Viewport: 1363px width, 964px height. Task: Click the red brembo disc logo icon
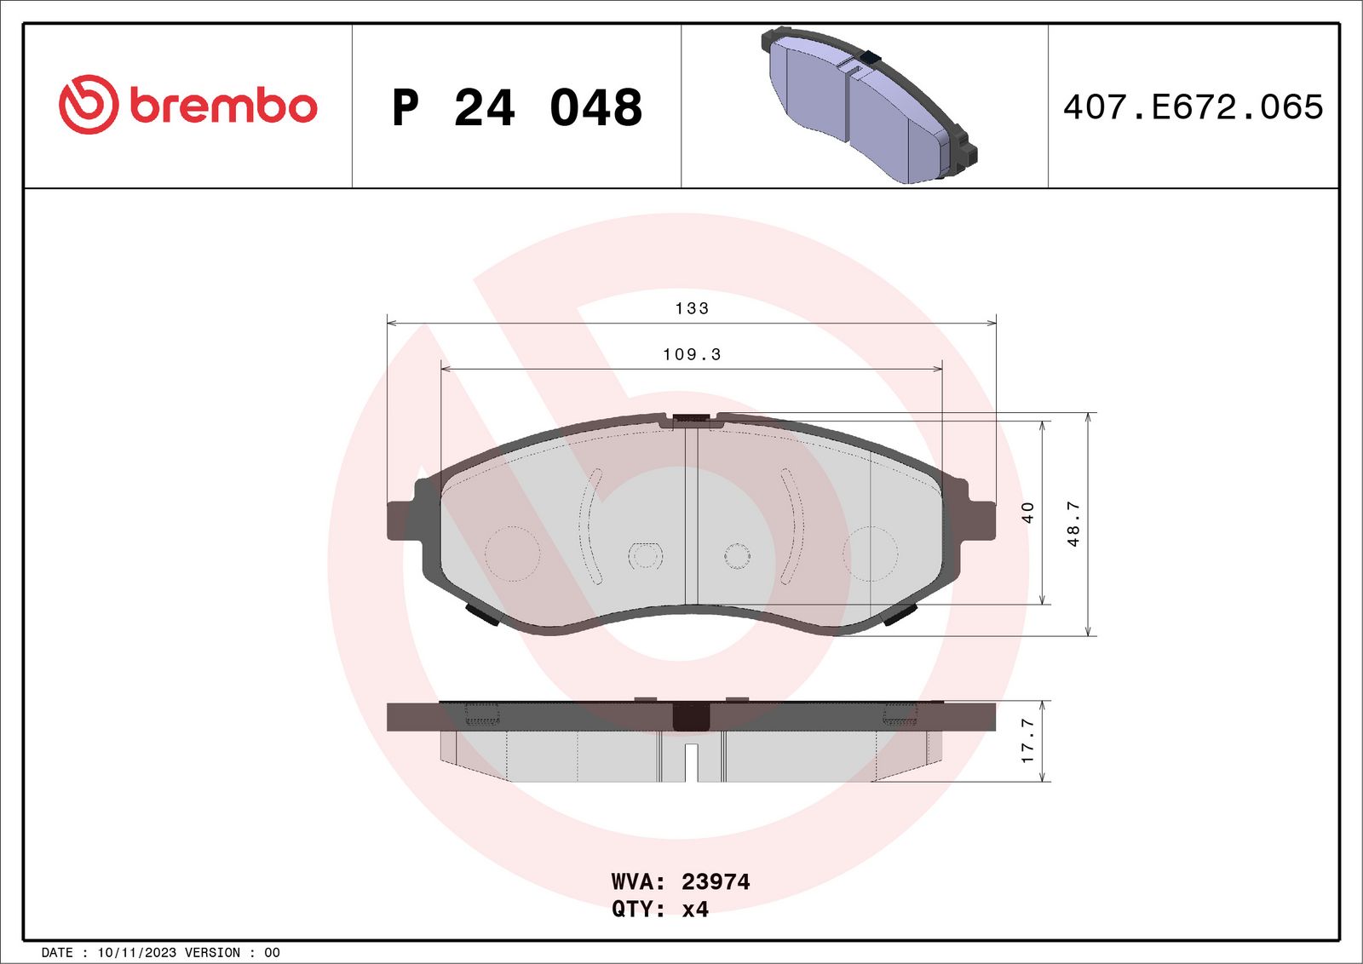(x=88, y=105)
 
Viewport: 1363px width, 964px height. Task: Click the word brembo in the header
(x=223, y=106)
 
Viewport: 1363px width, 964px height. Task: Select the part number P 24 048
(x=516, y=108)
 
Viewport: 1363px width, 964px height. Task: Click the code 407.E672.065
(x=1193, y=107)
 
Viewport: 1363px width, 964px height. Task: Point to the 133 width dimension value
(x=692, y=308)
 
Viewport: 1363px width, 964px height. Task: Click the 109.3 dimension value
(x=692, y=354)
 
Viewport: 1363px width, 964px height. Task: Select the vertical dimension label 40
(x=1027, y=512)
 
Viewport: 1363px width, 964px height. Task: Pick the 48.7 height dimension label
(x=1073, y=523)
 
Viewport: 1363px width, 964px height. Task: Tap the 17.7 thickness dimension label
(x=1027, y=740)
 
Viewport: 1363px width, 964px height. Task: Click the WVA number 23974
(x=716, y=881)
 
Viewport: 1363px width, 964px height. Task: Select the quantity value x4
(x=695, y=909)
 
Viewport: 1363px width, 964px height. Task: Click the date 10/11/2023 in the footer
(x=136, y=953)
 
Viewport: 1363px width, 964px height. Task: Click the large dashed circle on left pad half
(x=512, y=554)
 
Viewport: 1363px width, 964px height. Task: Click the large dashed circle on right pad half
(x=871, y=554)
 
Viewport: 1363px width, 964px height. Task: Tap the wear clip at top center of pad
(x=691, y=419)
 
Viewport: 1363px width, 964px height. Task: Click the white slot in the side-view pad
(x=691, y=762)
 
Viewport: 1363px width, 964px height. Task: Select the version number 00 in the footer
(x=272, y=953)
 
